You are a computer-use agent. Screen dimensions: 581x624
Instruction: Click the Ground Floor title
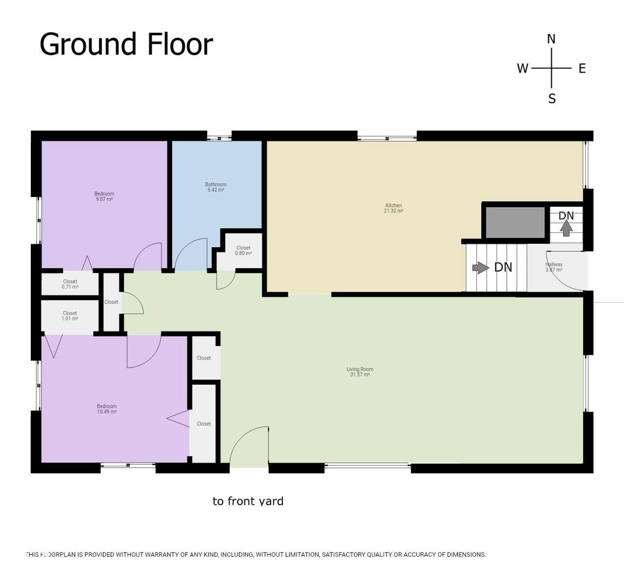tap(126, 45)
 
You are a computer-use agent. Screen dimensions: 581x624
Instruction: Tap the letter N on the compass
tap(551, 39)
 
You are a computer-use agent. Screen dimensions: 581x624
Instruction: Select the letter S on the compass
tap(552, 99)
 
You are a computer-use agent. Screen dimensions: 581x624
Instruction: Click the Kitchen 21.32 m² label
tap(393, 208)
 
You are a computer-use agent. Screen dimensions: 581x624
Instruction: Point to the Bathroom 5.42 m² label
tap(216, 187)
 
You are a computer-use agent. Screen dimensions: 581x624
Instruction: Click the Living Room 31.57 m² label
tap(360, 372)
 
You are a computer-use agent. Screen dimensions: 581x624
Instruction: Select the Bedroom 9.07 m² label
tap(104, 196)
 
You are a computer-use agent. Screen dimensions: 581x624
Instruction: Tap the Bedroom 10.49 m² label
tap(107, 409)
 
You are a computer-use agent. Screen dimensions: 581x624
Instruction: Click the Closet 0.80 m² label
tap(243, 250)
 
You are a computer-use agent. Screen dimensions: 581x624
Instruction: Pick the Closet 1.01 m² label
tap(70, 316)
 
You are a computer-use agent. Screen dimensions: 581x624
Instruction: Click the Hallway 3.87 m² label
tap(554, 267)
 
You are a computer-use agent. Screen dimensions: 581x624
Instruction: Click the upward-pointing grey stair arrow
tap(566, 228)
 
